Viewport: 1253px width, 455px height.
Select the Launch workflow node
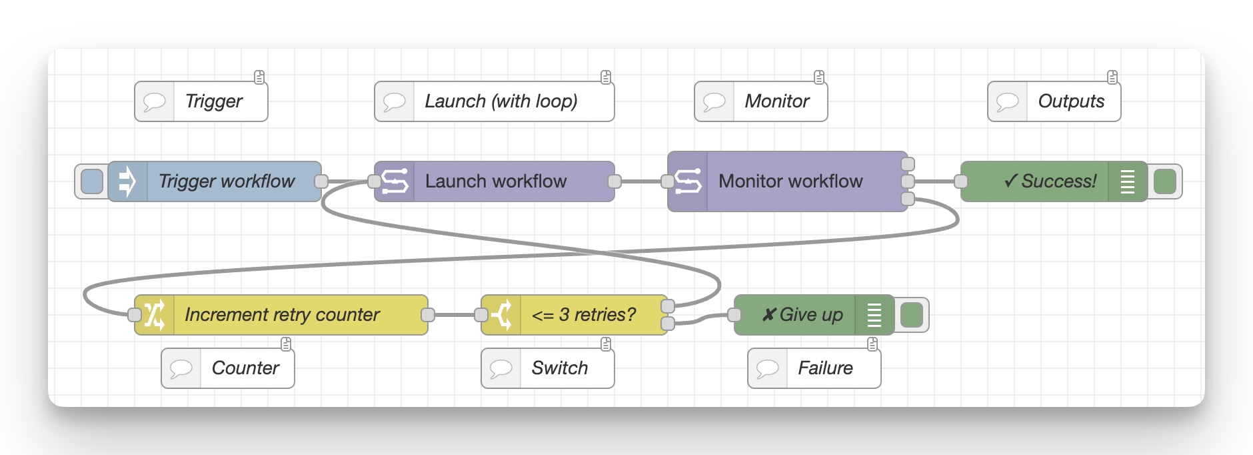pos(495,181)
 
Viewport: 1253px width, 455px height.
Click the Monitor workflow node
pos(790,181)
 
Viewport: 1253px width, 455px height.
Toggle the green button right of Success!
pos(1164,181)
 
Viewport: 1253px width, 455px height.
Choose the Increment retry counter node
pos(282,315)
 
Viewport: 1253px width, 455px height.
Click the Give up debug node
pos(803,315)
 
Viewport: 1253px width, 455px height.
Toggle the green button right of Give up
pos(911,315)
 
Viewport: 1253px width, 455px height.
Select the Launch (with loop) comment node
pos(501,101)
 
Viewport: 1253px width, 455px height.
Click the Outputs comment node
pos(1070,101)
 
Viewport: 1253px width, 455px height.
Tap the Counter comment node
pos(245,368)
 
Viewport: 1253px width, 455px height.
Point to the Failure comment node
pos(825,368)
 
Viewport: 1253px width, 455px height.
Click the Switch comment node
pos(559,368)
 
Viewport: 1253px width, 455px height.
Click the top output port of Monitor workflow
pos(907,164)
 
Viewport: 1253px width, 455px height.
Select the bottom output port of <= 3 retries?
pos(667,324)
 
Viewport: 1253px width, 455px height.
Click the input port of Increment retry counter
pos(135,315)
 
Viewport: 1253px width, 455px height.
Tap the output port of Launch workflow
pos(615,181)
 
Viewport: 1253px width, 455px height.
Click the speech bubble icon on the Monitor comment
pos(714,101)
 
